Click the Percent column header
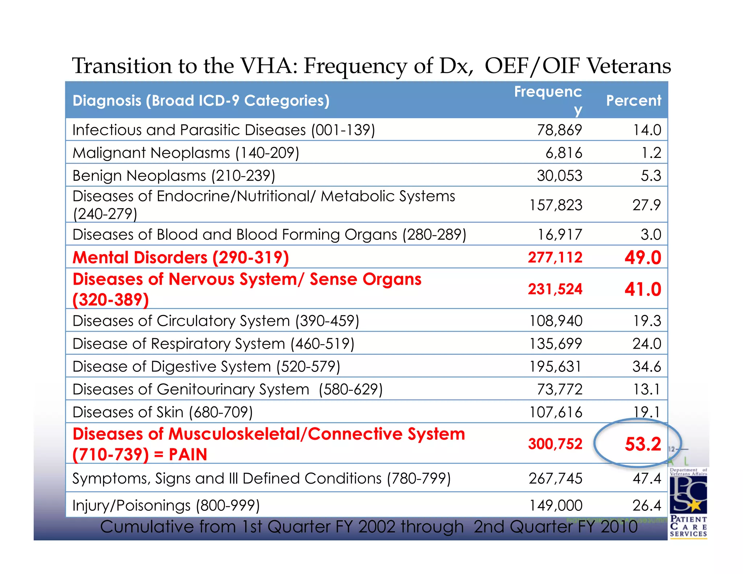tap(633, 101)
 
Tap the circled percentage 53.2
tap(643, 444)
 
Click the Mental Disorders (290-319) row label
tap(181, 258)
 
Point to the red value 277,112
tap(555, 258)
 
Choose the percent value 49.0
tap(643, 258)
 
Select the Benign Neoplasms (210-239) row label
tap(174, 176)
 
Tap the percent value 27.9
tap(646, 205)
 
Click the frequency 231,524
tap(555, 289)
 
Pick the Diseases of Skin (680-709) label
tap(163, 412)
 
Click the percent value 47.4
tap(646, 479)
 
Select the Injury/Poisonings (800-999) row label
tap(166, 505)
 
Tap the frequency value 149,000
tap(555, 505)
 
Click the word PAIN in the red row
tap(188, 455)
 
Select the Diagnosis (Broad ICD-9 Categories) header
tap(201, 101)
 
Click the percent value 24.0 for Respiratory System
tap(646, 344)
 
